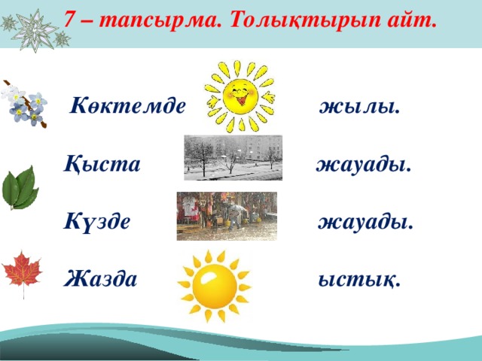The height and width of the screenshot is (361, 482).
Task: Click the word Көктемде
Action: pyautogui.click(x=128, y=106)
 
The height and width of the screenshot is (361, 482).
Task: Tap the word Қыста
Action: pyautogui.click(x=102, y=163)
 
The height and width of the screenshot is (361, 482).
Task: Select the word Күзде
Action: pyautogui.click(x=97, y=221)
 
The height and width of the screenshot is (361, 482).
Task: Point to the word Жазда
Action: pyautogui.click(x=100, y=278)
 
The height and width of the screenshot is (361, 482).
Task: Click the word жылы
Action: pyautogui.click(x=360, y=108)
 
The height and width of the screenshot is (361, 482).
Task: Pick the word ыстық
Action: pyautogui.click(x=359, y=280)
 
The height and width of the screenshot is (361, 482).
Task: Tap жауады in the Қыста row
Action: pyautogui.click(x=364, y=165)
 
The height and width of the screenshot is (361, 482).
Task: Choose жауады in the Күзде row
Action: pyautogui.click(x=365, y=223)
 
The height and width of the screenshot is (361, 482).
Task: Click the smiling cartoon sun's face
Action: pyautogui.click(x=239, y=96)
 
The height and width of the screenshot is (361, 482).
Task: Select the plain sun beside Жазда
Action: pyautogui.click(x=215, y=286)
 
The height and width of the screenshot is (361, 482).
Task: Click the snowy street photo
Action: pyautogui.click(x=233, y=158)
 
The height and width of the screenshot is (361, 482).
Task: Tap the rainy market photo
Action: pyautogui.click(x=227, y=216)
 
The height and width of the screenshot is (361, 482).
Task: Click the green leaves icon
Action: pyautogui.click(x=20, y=188)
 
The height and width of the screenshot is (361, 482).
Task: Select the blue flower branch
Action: pyautogui.click(x=24, y=105)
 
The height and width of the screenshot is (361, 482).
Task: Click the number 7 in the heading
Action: pyautogui.click(x=70, y=20)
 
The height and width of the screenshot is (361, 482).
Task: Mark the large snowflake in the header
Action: pyautogui.click(x=35, y=30)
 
